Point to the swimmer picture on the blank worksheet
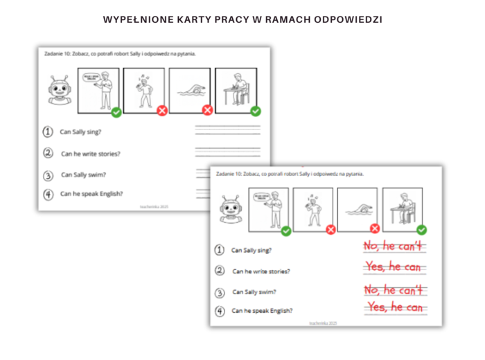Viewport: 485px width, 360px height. point(190,90)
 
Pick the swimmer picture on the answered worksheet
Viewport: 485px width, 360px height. point(358,210)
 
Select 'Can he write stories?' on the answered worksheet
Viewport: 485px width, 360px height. point(261,271)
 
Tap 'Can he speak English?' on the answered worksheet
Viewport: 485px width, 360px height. point(262,311)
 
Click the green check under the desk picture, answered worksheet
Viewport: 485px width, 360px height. point(421,230)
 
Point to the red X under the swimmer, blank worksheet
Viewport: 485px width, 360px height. point(207,111)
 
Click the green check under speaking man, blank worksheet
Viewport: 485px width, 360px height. point(116,111)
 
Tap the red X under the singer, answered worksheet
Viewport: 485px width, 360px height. point(330,230)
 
